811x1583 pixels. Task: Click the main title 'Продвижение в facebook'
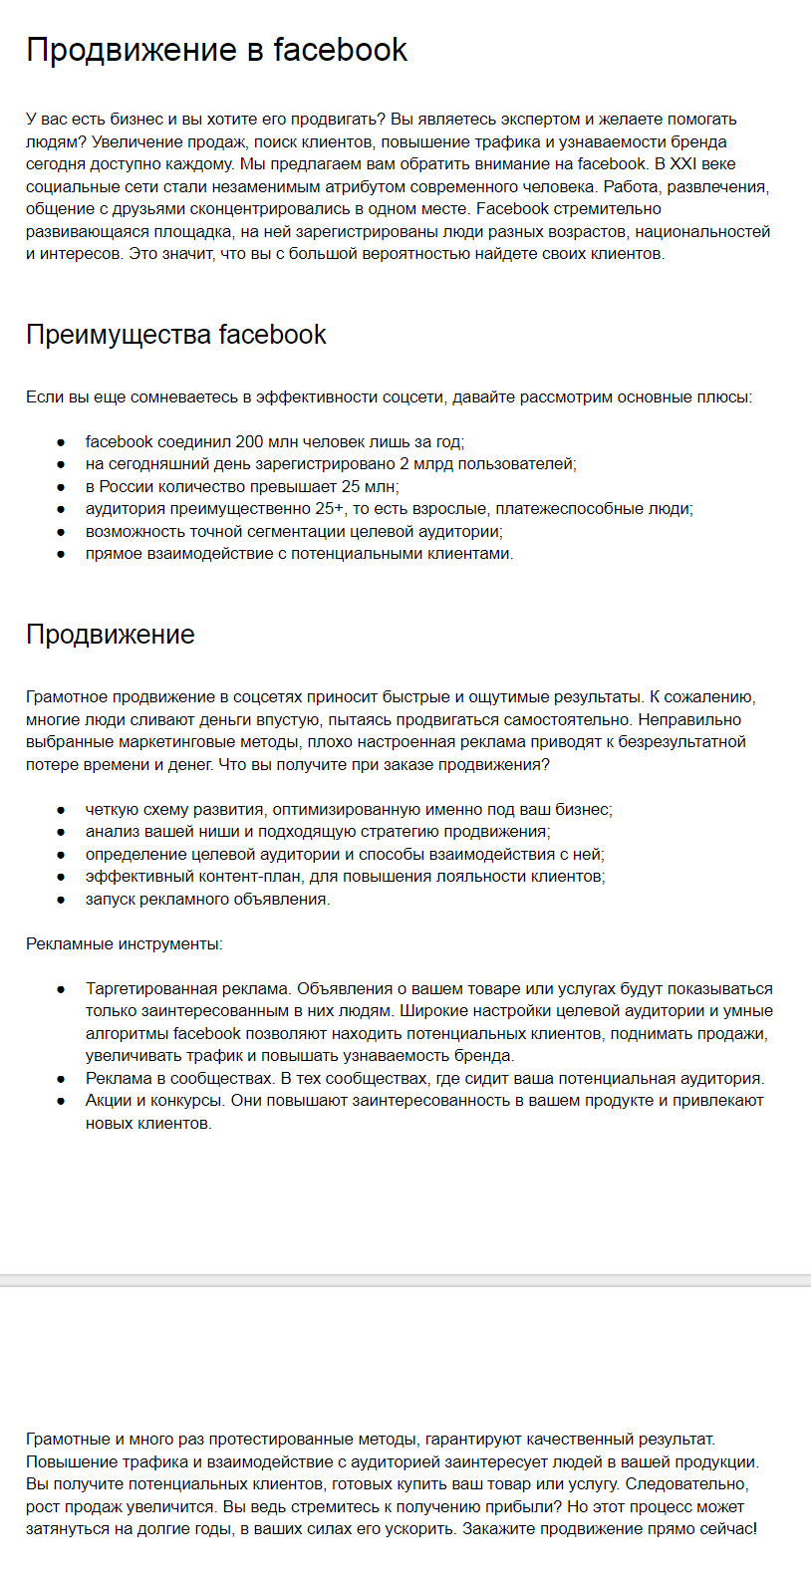point(216,50)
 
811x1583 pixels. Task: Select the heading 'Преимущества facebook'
point(175,335)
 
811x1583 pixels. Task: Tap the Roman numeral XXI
point(682,164)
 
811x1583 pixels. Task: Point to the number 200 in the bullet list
point(250,441)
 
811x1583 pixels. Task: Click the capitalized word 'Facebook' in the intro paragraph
point(512,209)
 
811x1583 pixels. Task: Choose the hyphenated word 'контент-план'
point(259,877)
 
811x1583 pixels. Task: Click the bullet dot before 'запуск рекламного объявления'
point(62,900)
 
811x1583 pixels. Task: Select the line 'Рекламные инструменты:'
point(125,944)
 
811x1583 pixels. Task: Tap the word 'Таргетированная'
point(151,989)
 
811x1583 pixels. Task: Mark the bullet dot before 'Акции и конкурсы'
point(62,1101)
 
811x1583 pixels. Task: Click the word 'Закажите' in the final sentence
point(496,1529)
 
